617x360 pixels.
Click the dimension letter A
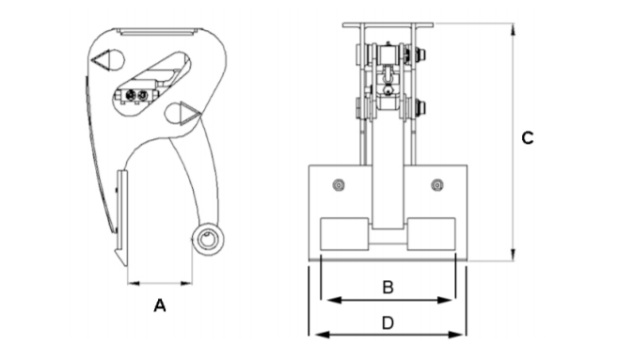tap(160, 305)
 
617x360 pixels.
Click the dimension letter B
tap(388, 288)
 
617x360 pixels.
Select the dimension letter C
tap(528, 138)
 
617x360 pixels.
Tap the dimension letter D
tap(388, 323)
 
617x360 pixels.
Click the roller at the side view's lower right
tap(208, 239)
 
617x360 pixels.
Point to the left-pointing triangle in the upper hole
tap(100, 60)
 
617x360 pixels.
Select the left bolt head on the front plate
tap(339, 184)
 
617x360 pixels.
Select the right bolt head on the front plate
tap(437, 184)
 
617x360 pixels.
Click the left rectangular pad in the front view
tap(344, 234)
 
